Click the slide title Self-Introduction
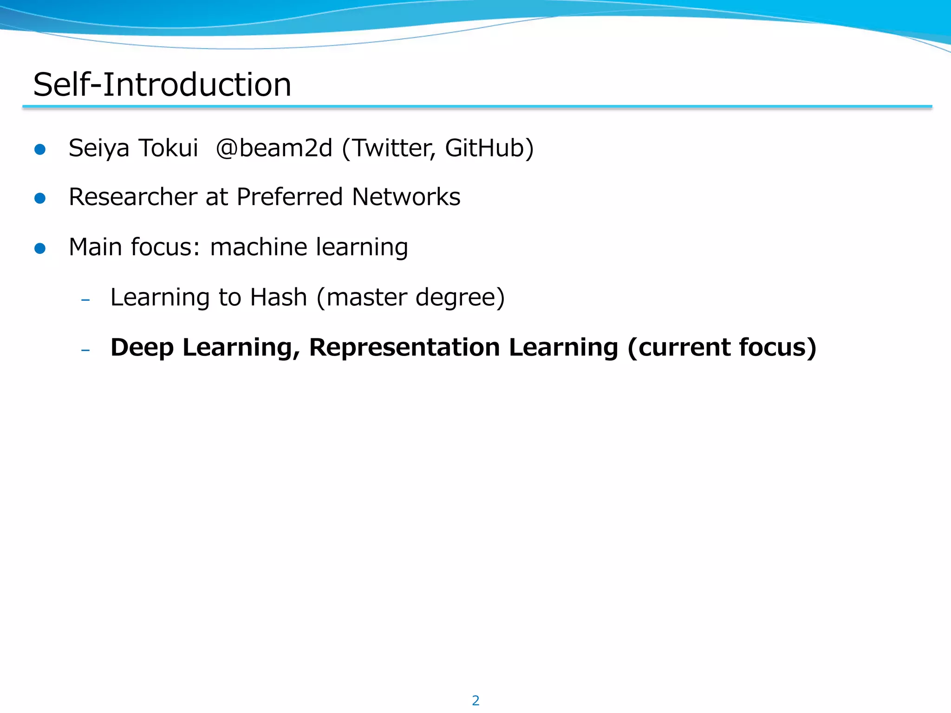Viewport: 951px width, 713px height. (x=162, y=84)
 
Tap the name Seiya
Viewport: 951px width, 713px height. (x=98, y=149)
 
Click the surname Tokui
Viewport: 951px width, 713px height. (x=169, y=149)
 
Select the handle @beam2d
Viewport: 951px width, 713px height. (x=274, y=149)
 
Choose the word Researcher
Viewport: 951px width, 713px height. (x=133, y=197)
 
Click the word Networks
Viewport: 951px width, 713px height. (x=406, y=197)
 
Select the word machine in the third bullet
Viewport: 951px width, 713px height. (x=258, y=247)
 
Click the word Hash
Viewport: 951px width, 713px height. (x=279, y=297)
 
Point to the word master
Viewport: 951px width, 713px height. (x=366, y=298)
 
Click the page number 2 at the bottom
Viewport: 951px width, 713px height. (x=475, y=700)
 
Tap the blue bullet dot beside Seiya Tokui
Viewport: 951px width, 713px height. (x=40, y=149)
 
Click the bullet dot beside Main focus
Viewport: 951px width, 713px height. (x=40, y=248)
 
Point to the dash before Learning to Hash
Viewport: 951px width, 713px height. (x=85, y=300)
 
